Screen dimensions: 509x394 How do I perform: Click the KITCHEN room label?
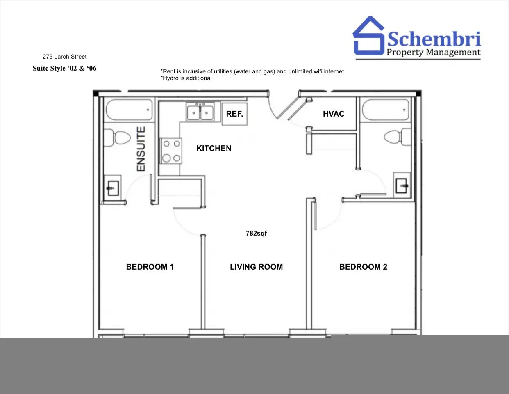tap(214, 148)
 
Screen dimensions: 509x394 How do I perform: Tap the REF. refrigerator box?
tap(234, 114)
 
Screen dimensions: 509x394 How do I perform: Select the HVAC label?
tap(334, 114)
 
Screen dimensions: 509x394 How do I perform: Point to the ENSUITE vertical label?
tap(141, 149)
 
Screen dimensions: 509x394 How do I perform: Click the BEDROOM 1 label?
tap(150, 267)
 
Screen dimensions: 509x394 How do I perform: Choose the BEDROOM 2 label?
tap(363, 267)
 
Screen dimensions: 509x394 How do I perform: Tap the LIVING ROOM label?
tap(256, 267)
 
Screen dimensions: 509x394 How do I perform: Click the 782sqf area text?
tap(256, 234)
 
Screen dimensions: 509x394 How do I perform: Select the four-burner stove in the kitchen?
tap(171, 151)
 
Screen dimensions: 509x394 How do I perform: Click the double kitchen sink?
tap(200, 112)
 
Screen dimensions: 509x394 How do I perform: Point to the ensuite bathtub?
tap(129, 110)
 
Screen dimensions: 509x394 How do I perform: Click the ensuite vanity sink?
tap(113, 188)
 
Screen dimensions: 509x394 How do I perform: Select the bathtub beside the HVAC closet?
tap(386, 110)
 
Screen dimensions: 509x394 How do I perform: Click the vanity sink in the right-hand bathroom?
tap(402, 186)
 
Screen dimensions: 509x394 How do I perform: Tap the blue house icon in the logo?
tap(369, 36)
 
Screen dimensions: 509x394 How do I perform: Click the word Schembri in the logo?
tap(434, 39)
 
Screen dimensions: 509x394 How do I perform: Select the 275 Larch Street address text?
tap(64, 57)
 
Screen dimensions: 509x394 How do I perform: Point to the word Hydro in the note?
tap(170, 78)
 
